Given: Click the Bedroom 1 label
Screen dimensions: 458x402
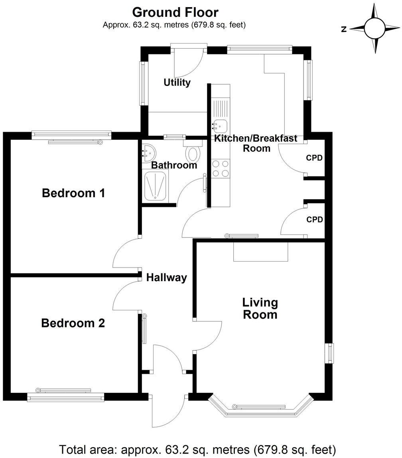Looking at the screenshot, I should [x=73, y=194].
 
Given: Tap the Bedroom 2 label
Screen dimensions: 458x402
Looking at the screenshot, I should [x=73, y=323].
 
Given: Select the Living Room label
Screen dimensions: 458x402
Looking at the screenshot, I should [x=260, y=308].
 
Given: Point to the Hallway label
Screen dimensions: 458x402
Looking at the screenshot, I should [x=166, y=278].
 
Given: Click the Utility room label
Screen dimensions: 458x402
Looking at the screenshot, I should [x=177, y=83].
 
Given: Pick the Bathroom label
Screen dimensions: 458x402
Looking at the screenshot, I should [x=174, y=165].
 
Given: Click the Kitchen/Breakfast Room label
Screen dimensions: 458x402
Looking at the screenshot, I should [x=256, y=143].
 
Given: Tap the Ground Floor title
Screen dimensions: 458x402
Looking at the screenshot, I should [x=175, y=12].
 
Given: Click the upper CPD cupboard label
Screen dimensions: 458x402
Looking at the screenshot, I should [x=314, y=158].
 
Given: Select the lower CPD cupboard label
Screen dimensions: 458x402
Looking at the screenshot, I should [x=314, y=220].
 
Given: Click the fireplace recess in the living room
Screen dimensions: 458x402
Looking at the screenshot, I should [x=260, y=251].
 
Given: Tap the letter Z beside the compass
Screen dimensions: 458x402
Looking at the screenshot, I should [x=344, y=29].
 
